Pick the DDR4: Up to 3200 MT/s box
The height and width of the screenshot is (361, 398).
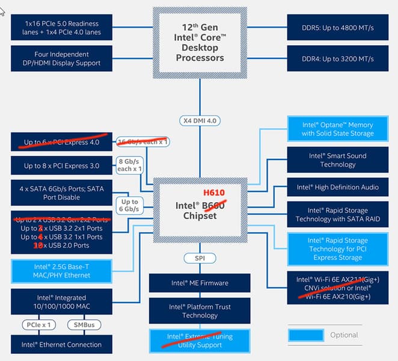point(337,59)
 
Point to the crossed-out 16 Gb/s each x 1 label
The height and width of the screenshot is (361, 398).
point(142,141)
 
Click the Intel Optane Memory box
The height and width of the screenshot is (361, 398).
point(337,129)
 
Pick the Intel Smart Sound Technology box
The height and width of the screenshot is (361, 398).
point(337,160)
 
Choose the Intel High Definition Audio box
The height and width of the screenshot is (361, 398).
point(337,187)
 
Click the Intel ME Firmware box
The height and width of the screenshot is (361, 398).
point(199,283)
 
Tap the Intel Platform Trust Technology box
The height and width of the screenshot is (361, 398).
point(199,311)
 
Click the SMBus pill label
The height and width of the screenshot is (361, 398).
point(84,325)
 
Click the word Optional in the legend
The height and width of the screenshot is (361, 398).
point(344,335)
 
